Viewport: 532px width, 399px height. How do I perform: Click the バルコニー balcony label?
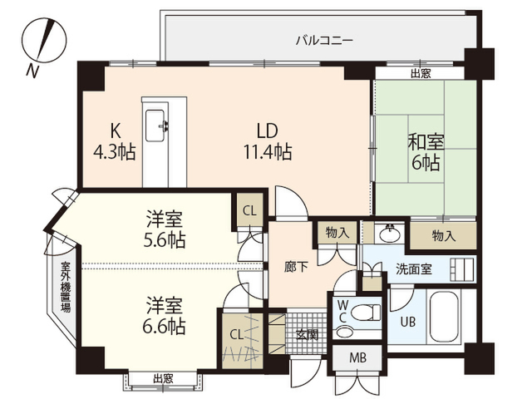pyautogui.click(x=324, y=41)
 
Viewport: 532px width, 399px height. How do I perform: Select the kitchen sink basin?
pyautogui.click(x=155, y=126)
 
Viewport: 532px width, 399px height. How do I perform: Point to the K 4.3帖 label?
pyautogui.click(x=115, y=141)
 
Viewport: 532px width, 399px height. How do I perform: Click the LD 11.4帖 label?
pyautogui.click(x=268, y=141)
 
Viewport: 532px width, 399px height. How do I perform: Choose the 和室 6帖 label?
pyautogui.click(x=426, y=152)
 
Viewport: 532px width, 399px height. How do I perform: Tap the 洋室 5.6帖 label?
pyautogui.click(x=165, y=229)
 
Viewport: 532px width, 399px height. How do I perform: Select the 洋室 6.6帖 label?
pyautogui.click(x=165, y=316)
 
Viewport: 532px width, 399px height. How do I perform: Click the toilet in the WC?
pyautogui.click(x=366, y=313)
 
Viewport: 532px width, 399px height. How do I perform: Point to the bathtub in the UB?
pyautogui.click(x=444, y=318)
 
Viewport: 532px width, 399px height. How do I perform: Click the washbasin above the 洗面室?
pyautogui.click(x=390, y=234)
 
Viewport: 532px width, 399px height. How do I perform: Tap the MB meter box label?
pyautogui.click(x=358, y=358)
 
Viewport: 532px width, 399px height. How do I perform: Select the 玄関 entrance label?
pyautogui.click(x=307, y=335)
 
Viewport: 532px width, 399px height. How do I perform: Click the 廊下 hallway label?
pyautogui.click(x=296, y=268)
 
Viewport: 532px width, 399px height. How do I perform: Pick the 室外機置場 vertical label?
pyautogui.click(x=66, y=287)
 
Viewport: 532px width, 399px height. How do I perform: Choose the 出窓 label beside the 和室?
pyautogui.click(x=421, y=74)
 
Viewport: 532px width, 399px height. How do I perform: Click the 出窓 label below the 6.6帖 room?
pyautogui.click(x=163, y=379)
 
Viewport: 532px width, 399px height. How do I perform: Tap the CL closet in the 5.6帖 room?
pyautogui.click(x=249, y=210)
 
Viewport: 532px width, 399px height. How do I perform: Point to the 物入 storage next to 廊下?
pyautogui.click(x=337, y=233)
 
